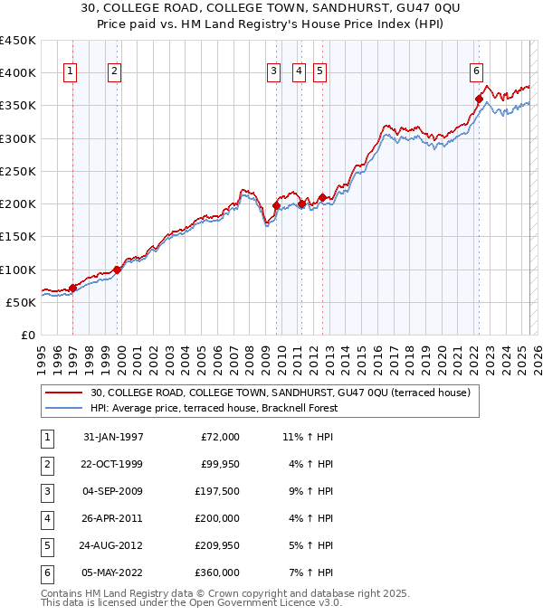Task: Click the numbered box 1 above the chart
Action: click(x=71, y=74)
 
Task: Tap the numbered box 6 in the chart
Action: click(x=476, y=74)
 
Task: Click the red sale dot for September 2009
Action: click(x=275, y=206)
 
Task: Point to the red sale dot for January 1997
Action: click(x=72, y=289)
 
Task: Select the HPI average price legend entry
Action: click(x=214, y=408)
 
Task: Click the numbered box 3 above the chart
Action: click(x=273, y=74)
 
